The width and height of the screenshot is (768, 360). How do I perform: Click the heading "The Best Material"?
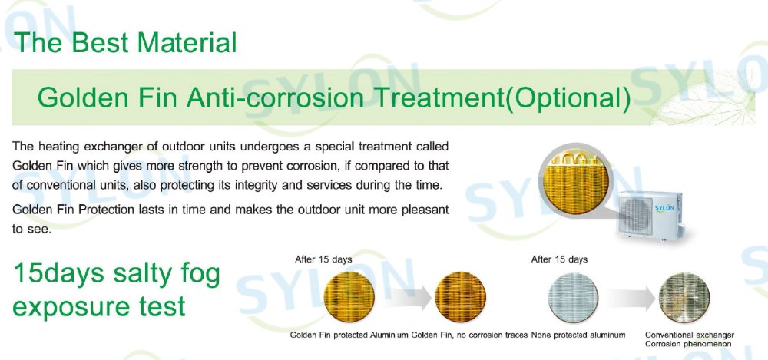coord(126,42)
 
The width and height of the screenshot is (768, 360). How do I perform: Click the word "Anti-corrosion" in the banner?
coord(275,97)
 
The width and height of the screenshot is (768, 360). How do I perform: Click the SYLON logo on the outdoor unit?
coord(664,208)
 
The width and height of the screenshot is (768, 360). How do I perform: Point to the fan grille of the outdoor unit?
coord(636,215)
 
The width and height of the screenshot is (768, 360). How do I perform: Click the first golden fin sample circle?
coord(349,297)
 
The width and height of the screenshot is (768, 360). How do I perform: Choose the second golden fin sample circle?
coord(460,297)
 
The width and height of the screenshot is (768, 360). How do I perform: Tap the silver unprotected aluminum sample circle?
coord(573,297)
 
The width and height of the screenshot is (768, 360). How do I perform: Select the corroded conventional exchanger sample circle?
coord(684,297)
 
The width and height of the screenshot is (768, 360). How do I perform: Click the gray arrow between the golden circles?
coord(405,297)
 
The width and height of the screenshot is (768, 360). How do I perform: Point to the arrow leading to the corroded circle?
coord(628,297)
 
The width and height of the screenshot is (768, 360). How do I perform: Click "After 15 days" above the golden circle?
coord(323,259)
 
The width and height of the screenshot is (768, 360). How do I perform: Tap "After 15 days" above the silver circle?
coord(559,259)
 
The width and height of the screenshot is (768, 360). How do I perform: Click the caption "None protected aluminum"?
coord(578,335)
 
